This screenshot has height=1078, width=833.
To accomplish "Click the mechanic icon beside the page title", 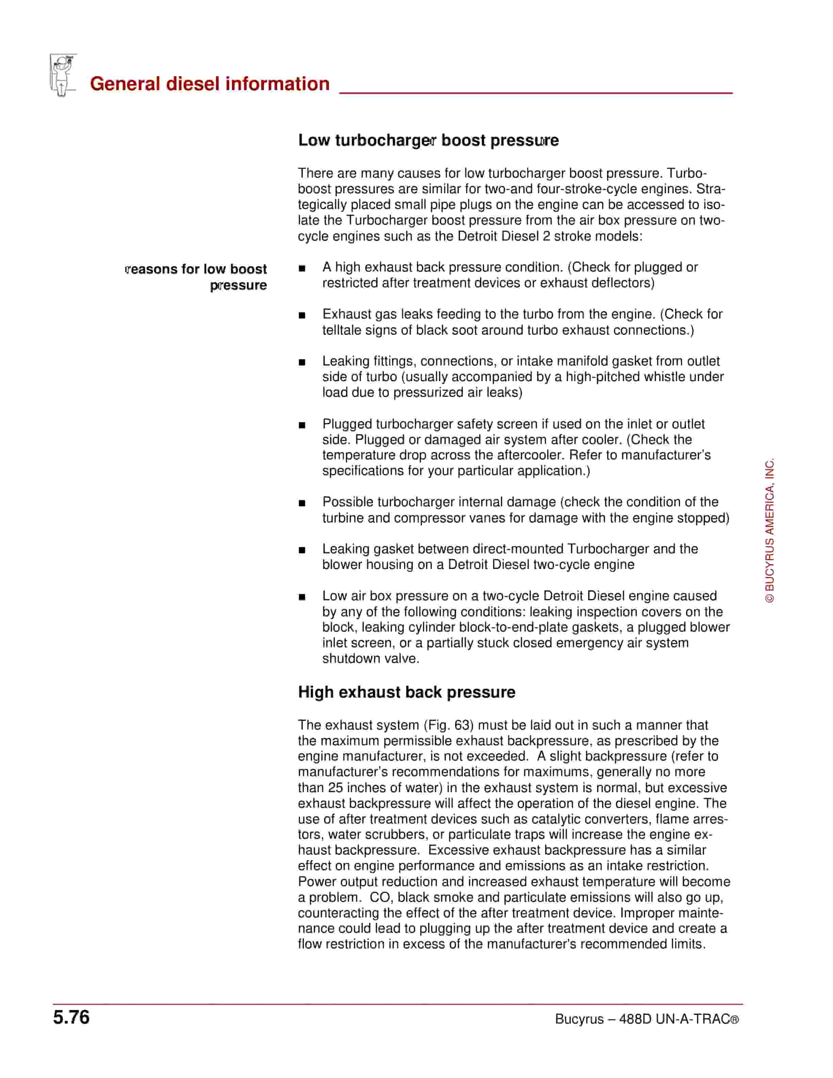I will [63, 75].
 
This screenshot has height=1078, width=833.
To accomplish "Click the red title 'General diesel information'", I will [210, 84].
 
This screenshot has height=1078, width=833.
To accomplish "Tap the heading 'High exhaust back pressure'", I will [406, 692].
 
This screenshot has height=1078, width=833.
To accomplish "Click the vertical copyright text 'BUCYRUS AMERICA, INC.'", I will [769, 530].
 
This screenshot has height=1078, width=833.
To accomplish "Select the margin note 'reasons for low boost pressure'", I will [196, 277].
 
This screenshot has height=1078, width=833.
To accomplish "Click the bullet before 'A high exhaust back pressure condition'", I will [302, 268].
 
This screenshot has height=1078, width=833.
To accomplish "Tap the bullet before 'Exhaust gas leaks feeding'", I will [302, 315].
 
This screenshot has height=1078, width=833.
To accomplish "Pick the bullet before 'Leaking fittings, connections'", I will [302, 362].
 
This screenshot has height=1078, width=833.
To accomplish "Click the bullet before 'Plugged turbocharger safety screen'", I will [302, 425].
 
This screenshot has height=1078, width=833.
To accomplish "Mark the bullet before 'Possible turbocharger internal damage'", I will [302, 504].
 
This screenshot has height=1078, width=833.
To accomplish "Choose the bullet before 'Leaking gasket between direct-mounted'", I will [302, 550].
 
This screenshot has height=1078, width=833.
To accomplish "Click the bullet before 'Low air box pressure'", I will [302, 597].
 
